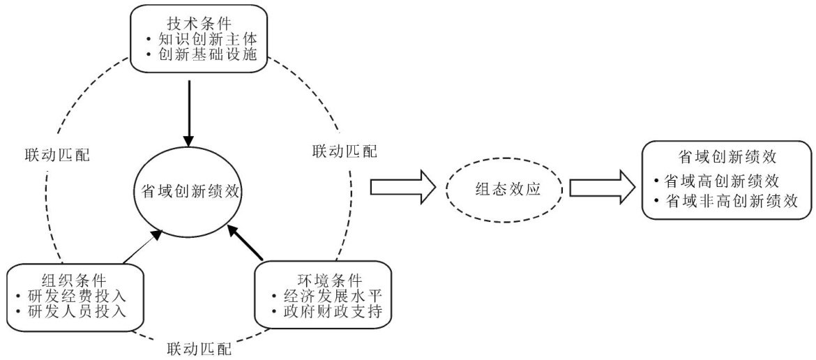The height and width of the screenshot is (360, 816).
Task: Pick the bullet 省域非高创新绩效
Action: point(729,200)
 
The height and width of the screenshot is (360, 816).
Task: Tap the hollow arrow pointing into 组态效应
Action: point(402,188)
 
